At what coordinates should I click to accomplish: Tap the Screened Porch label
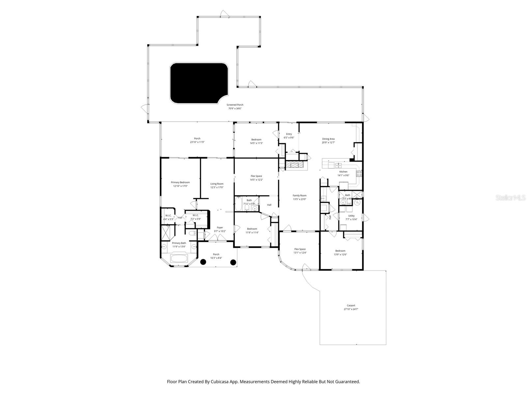235,105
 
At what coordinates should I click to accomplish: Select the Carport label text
351,305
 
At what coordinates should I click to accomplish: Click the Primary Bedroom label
180,182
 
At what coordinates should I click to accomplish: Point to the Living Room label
217,184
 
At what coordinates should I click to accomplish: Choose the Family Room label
299,196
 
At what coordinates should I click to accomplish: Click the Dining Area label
328,139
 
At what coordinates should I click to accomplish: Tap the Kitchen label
343,172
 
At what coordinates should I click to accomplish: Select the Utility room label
351,216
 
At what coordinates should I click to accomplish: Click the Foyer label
220,227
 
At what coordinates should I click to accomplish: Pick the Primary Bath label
179,243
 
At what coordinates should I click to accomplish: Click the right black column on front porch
233,262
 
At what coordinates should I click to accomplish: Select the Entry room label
289,134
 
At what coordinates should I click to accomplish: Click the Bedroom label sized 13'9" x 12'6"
340,251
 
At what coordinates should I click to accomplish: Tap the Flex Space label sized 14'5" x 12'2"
256,176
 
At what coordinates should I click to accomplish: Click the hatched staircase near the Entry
294,165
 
